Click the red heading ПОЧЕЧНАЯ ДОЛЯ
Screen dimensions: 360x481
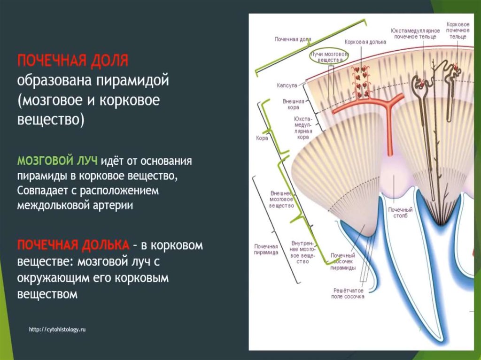73,61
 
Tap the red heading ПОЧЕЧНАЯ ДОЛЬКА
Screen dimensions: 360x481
73,245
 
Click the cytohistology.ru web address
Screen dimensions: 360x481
57,329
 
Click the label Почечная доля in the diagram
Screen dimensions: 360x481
293,39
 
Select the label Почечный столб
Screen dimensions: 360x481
400,213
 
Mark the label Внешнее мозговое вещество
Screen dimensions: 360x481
282,199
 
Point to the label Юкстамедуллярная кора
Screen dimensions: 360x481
303,128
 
